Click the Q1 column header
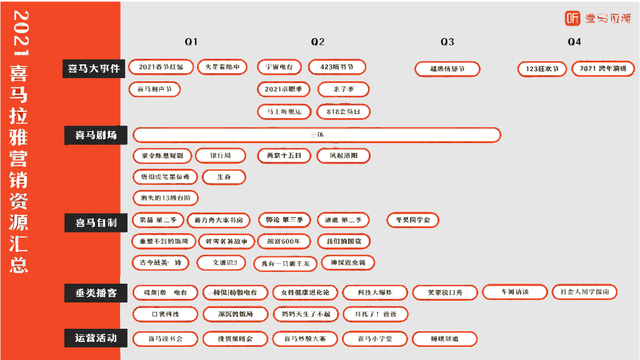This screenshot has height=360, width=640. tap(191, 42)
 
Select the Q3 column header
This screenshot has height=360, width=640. tap(447, 42)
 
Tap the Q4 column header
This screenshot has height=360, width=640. tap(574, 42)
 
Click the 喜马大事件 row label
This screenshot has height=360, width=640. tap(93, 69)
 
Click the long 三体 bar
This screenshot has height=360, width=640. tap(317, 135)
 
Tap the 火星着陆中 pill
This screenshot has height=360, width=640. tap(222, 67)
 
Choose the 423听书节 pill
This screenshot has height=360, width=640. tap(336, 67)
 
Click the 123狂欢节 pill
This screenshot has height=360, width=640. tap(542, 69)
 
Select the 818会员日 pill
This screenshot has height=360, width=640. tap(343, 112)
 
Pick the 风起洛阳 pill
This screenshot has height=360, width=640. tap(343, 156)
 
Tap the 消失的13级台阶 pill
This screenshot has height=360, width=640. tap(166, 198)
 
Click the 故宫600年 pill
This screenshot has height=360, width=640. tap(284, 241)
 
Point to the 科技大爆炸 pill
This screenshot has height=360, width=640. tap(375, 292)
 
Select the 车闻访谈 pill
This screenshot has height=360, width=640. tap(514, 292)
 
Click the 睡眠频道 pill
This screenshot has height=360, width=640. tap(445, 339)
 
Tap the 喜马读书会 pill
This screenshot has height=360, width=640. tap(166, 339)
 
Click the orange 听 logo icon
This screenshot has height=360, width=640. tap(572, 19)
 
